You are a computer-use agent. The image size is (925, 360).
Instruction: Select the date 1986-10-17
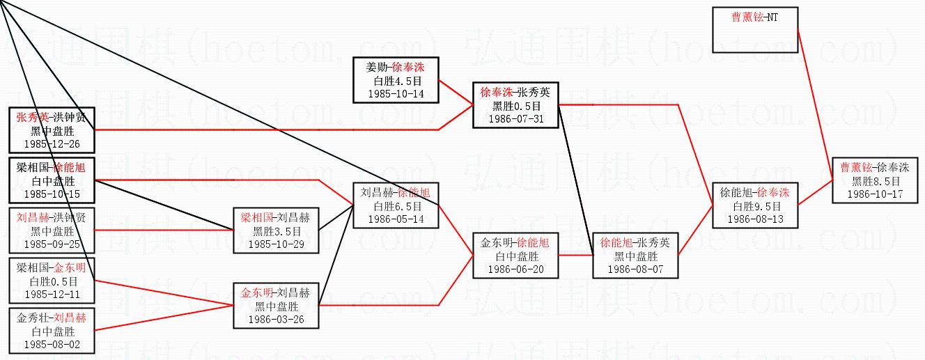point(875,194)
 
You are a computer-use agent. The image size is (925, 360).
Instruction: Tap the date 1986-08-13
point(755,219)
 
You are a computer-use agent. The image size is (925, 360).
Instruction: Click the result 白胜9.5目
point(755,206)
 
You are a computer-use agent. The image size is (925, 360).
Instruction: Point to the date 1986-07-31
point(517,118)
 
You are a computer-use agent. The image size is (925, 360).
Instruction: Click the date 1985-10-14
point(395,93)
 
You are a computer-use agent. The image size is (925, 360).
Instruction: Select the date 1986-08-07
point(635,269)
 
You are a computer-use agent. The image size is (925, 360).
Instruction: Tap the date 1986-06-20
point(515,269)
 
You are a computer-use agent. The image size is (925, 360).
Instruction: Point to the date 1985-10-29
point(276,244)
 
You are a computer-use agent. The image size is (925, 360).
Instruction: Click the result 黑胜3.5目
point(276,231)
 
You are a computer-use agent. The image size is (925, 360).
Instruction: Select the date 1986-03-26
point(276,319)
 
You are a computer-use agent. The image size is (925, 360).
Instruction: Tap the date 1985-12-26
point(52,143)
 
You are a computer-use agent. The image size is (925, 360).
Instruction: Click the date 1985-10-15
point(52,194)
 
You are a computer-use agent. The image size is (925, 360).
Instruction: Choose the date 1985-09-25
point(52,244)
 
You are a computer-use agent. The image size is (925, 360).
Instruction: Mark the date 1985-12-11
point(52,294)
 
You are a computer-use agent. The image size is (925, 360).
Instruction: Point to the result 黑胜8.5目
point(875,181)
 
